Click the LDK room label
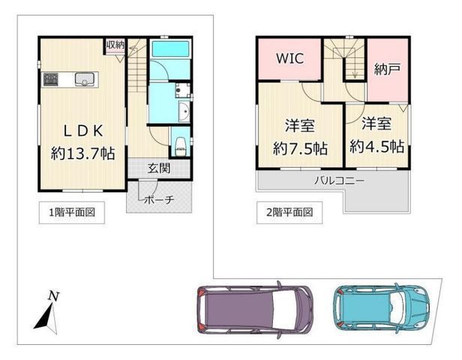click(82, 128)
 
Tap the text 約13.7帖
click(82, 154)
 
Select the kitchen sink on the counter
click(83, 77)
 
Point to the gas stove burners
click(51, 77)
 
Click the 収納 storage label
click(115, 46)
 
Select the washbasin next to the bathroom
click(183, 112)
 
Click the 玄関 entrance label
click(157, 169)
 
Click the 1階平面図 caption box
click(67, 212)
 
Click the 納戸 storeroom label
click(387, 70)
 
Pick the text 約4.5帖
click(377, 145)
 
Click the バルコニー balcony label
click(338, 181)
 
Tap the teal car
click(382, 305)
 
